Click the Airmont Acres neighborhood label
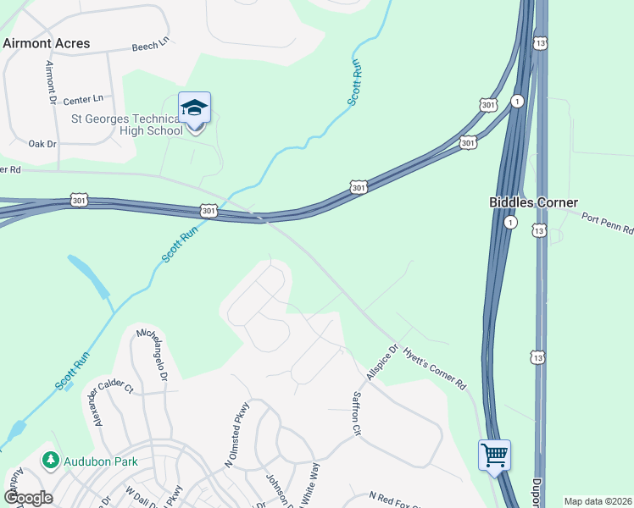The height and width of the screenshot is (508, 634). (x=47, y=42)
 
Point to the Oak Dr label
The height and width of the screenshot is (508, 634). (x=42, y=144)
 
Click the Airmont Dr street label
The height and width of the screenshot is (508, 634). (x=50, y=84)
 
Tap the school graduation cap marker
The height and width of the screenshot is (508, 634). (x=194, y=108)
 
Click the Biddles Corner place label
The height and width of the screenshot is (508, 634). (x=533, y=202)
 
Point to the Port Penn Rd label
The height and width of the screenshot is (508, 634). (x=607, y=223)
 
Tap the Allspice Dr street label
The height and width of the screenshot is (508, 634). (x=382, y=362)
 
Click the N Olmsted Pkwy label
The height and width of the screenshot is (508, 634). (x=234, y=446)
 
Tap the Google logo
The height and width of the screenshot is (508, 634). (x=28, y=498)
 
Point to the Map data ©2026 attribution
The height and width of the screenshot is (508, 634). (x=598, y=501)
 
